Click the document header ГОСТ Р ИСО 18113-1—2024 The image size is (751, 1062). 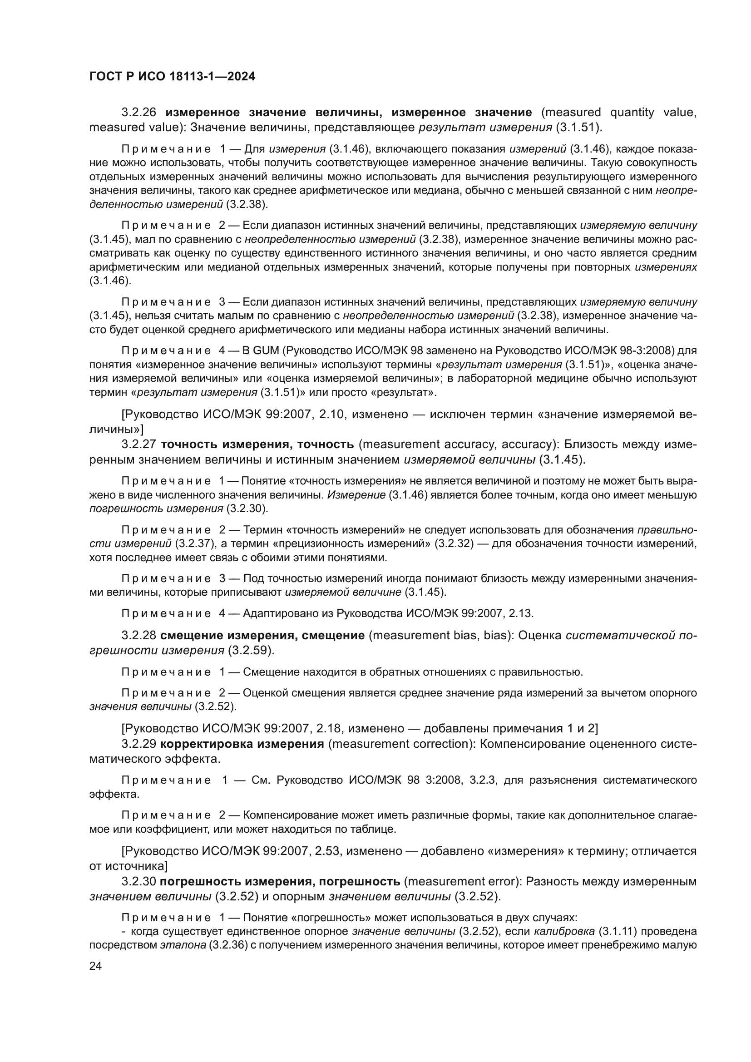click(172, 76)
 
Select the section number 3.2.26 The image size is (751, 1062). click(139, 113)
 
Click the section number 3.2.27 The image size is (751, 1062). click(139, 445)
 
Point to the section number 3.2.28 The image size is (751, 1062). click(139, 636)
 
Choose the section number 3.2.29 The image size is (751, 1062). click(139, 744)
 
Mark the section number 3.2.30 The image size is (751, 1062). click(139, 881)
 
